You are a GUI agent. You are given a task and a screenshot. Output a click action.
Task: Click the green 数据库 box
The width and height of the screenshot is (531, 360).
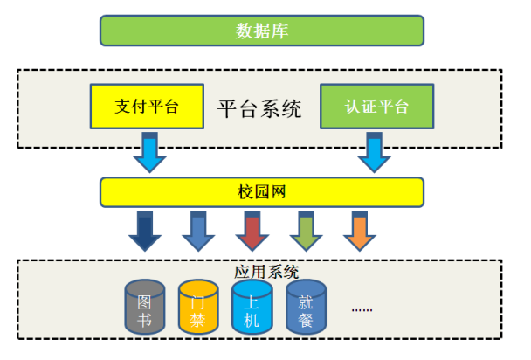(x=262, y=31)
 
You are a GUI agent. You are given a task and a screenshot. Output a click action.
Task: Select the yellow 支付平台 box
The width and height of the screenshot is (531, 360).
(x=147, y=107)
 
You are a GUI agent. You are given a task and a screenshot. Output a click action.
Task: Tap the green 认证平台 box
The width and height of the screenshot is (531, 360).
(x=377, y=107)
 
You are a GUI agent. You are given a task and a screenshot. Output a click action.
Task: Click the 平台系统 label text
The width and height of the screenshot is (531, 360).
(x=259, y=108)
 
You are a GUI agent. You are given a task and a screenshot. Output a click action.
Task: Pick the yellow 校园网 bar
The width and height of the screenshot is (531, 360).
(x=262, y=192)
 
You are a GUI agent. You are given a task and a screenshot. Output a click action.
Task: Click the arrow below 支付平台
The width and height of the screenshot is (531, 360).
(x=149, y=152)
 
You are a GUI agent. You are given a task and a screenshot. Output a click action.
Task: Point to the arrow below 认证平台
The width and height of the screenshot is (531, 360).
(x=374, y=152)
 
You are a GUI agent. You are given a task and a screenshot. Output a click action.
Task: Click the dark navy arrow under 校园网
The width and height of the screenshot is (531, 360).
(x=145, y=231)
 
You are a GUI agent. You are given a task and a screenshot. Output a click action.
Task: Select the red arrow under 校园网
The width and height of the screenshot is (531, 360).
(x=252, y=231)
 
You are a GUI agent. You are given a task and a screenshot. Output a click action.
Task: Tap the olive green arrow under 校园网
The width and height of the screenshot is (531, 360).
(x=307, y=231)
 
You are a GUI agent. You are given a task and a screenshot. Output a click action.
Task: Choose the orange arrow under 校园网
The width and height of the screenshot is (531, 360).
(x=360, y=231)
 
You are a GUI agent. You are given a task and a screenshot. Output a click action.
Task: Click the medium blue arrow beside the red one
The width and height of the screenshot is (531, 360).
(x=198, y=231)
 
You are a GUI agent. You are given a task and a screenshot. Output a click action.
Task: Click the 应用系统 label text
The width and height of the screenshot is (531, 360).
(x=266, y=272)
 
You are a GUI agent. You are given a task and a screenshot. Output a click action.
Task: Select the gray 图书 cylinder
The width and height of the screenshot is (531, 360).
(x=145, y=307)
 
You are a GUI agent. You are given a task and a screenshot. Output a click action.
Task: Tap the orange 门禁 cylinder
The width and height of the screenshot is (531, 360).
(x=198, y=307)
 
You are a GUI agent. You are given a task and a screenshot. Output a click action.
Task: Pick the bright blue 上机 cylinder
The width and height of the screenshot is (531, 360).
(x=252, y=307)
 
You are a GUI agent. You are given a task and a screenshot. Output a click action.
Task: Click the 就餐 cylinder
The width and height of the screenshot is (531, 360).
(x=307, y=307)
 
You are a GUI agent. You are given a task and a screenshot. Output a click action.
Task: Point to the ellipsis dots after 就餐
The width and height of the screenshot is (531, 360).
(x=362, y=309)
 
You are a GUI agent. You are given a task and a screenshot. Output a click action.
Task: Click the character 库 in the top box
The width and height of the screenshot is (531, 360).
(x=279, y=31)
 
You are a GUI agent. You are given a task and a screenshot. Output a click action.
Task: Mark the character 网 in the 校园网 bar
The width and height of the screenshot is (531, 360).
(x=278, y=192)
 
